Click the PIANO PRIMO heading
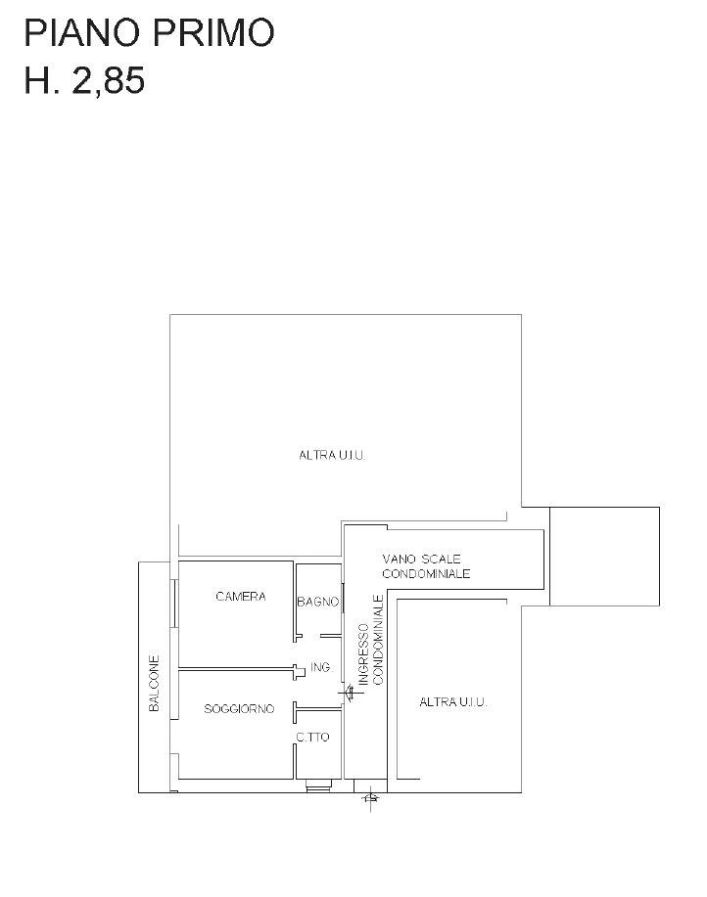[150, 32]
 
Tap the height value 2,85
[108, 80]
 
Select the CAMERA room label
[241, 596]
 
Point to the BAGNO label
[317, 602]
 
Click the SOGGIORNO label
[239, 709]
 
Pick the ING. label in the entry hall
[321, 667]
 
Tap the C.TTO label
[312, 738]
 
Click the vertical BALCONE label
[154, 683]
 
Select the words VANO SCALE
[421, 559]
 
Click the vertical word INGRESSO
[363, 653]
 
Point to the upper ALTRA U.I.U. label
[332, 456]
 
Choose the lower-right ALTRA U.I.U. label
[452, 702]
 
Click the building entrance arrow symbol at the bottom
[371, 796]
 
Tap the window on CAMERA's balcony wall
[175, 604]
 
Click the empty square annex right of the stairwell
[604, 556]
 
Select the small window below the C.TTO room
[318, 785]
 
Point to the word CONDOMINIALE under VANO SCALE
[426, 573]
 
